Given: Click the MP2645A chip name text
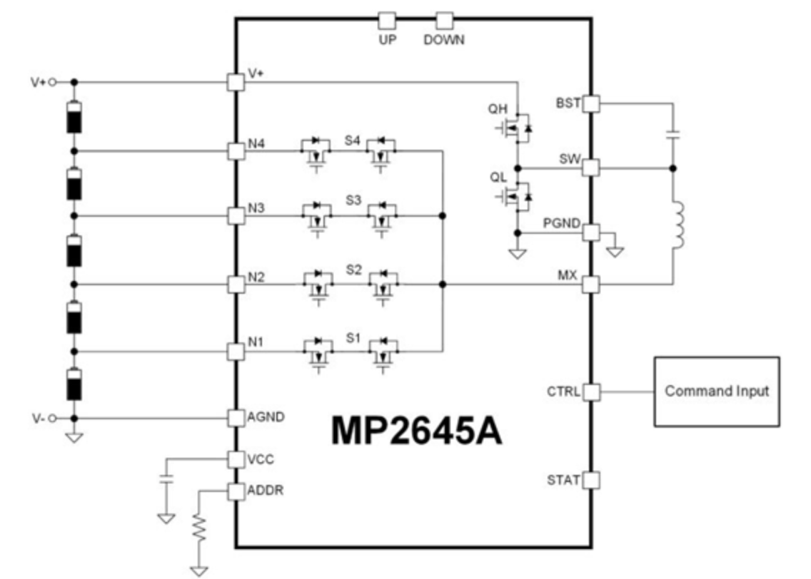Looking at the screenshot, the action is pos(416,431).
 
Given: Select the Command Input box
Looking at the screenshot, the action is pos(716,391).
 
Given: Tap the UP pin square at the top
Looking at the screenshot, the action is pos(387,21).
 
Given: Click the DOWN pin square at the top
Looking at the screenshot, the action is pos(444,21).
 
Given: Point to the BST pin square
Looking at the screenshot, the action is pos(591,103).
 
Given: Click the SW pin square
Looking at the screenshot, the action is pos(591,168).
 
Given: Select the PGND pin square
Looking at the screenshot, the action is pos(591,232).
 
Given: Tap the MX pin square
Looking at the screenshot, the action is pos(591,284).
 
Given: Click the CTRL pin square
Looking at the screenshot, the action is pos(591,392).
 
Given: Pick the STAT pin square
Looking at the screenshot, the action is pos(591,480).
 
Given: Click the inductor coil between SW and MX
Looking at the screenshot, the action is pos(677,226).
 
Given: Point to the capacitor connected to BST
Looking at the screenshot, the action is pos(673,135).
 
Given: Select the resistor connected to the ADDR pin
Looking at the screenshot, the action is pos(199,528).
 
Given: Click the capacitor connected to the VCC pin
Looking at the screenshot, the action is pos(166,478).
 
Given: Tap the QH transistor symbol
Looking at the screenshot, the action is pos(515,126).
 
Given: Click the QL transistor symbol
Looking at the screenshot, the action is pos(515,196).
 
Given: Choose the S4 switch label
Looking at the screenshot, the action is pos(352,140).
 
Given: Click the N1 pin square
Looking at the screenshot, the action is pos(236,352).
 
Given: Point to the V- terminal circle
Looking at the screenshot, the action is pos(52,419).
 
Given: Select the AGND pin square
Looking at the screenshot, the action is pos(236,418).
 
